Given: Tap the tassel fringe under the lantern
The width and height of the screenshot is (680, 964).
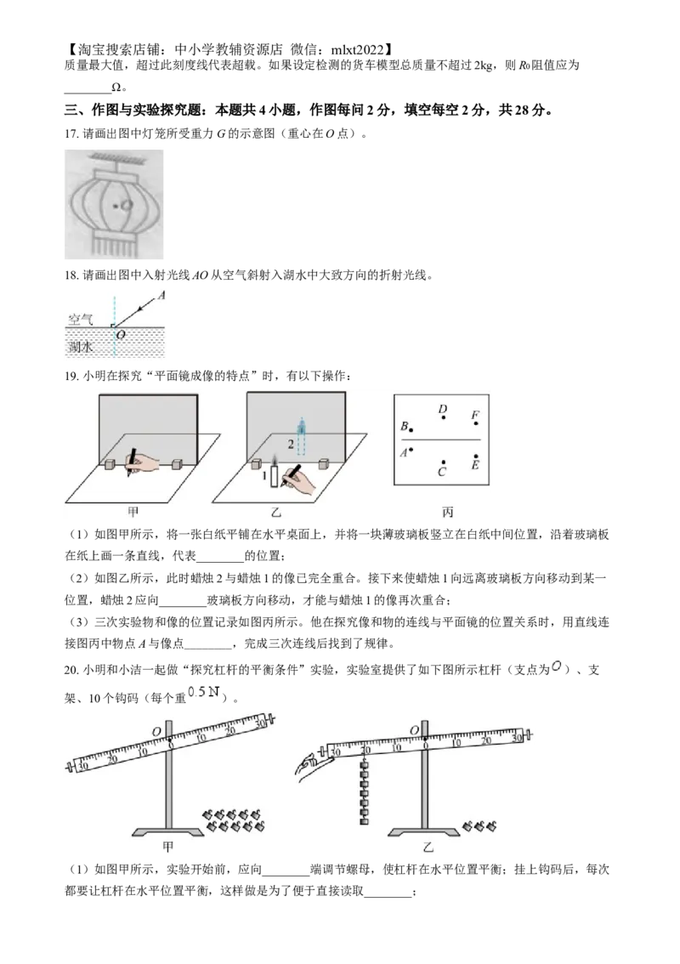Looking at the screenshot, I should pyautogui.click(x=114, y=245).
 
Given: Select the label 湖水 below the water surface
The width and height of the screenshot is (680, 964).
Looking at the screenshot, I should pyautogui.click(x=82, y=347).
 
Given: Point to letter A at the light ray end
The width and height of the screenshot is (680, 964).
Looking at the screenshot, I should pyautogui.click(x=161, y=295).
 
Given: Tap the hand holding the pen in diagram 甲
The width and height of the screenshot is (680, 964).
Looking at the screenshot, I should pyautogui.click(x=145, y=461).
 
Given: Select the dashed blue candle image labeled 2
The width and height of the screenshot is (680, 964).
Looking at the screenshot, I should pyautogui.click(x=301, y=439).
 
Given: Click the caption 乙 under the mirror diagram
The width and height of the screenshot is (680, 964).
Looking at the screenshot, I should pyautogui.click(x=289, y=513).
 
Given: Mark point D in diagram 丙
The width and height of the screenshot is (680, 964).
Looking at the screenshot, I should pyautogui.click(x=443, y=417).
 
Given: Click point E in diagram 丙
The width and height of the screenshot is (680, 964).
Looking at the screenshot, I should pyautogui.click(x=475, y=457).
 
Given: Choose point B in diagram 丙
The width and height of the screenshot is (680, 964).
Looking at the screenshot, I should pyautogui.click(x=411, y=429).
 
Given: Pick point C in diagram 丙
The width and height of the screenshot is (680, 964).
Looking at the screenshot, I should pyautogui.click(x=443, y=462).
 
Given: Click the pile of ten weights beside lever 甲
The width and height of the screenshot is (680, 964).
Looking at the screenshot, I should pyautogui.click(x=234, y=820).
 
